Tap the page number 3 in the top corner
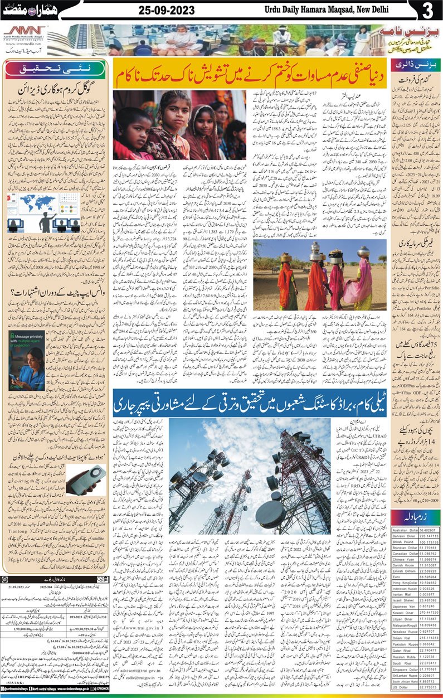(428, 11)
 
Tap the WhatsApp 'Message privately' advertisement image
(27, 361)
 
